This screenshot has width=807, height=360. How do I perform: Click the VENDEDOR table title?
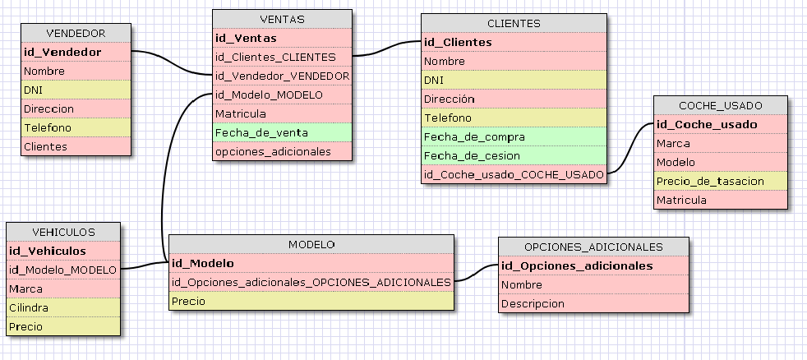(x=76, y=33)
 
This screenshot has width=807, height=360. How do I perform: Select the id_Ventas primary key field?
(x=246, y=38)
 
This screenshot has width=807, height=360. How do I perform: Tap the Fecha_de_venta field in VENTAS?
(x=251, y=132)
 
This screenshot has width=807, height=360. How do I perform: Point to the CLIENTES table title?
(x=514, y=23)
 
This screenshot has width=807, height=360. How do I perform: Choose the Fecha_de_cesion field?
(x=462, y=155)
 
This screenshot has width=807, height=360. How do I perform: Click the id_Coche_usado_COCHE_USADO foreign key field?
(x=514, y=174)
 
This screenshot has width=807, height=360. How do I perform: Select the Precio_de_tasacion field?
(x=710, y=181)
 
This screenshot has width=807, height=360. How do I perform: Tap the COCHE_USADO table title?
(x=721, y=105)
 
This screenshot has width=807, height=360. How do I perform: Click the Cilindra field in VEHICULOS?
(x=29, y=307)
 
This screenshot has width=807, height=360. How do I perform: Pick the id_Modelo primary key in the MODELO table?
(x=203, y=264)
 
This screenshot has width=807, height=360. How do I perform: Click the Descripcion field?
(x=533, y=303)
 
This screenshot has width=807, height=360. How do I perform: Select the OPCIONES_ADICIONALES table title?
(x=593, y=247)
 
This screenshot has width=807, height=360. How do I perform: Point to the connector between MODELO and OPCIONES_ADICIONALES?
(x=476, y=273)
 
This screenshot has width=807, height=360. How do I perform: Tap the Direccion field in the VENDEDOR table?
(x=48, y=108)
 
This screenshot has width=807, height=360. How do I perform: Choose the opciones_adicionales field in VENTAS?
(x=273, y=151)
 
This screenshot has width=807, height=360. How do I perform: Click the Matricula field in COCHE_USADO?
(x=681, y=200)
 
